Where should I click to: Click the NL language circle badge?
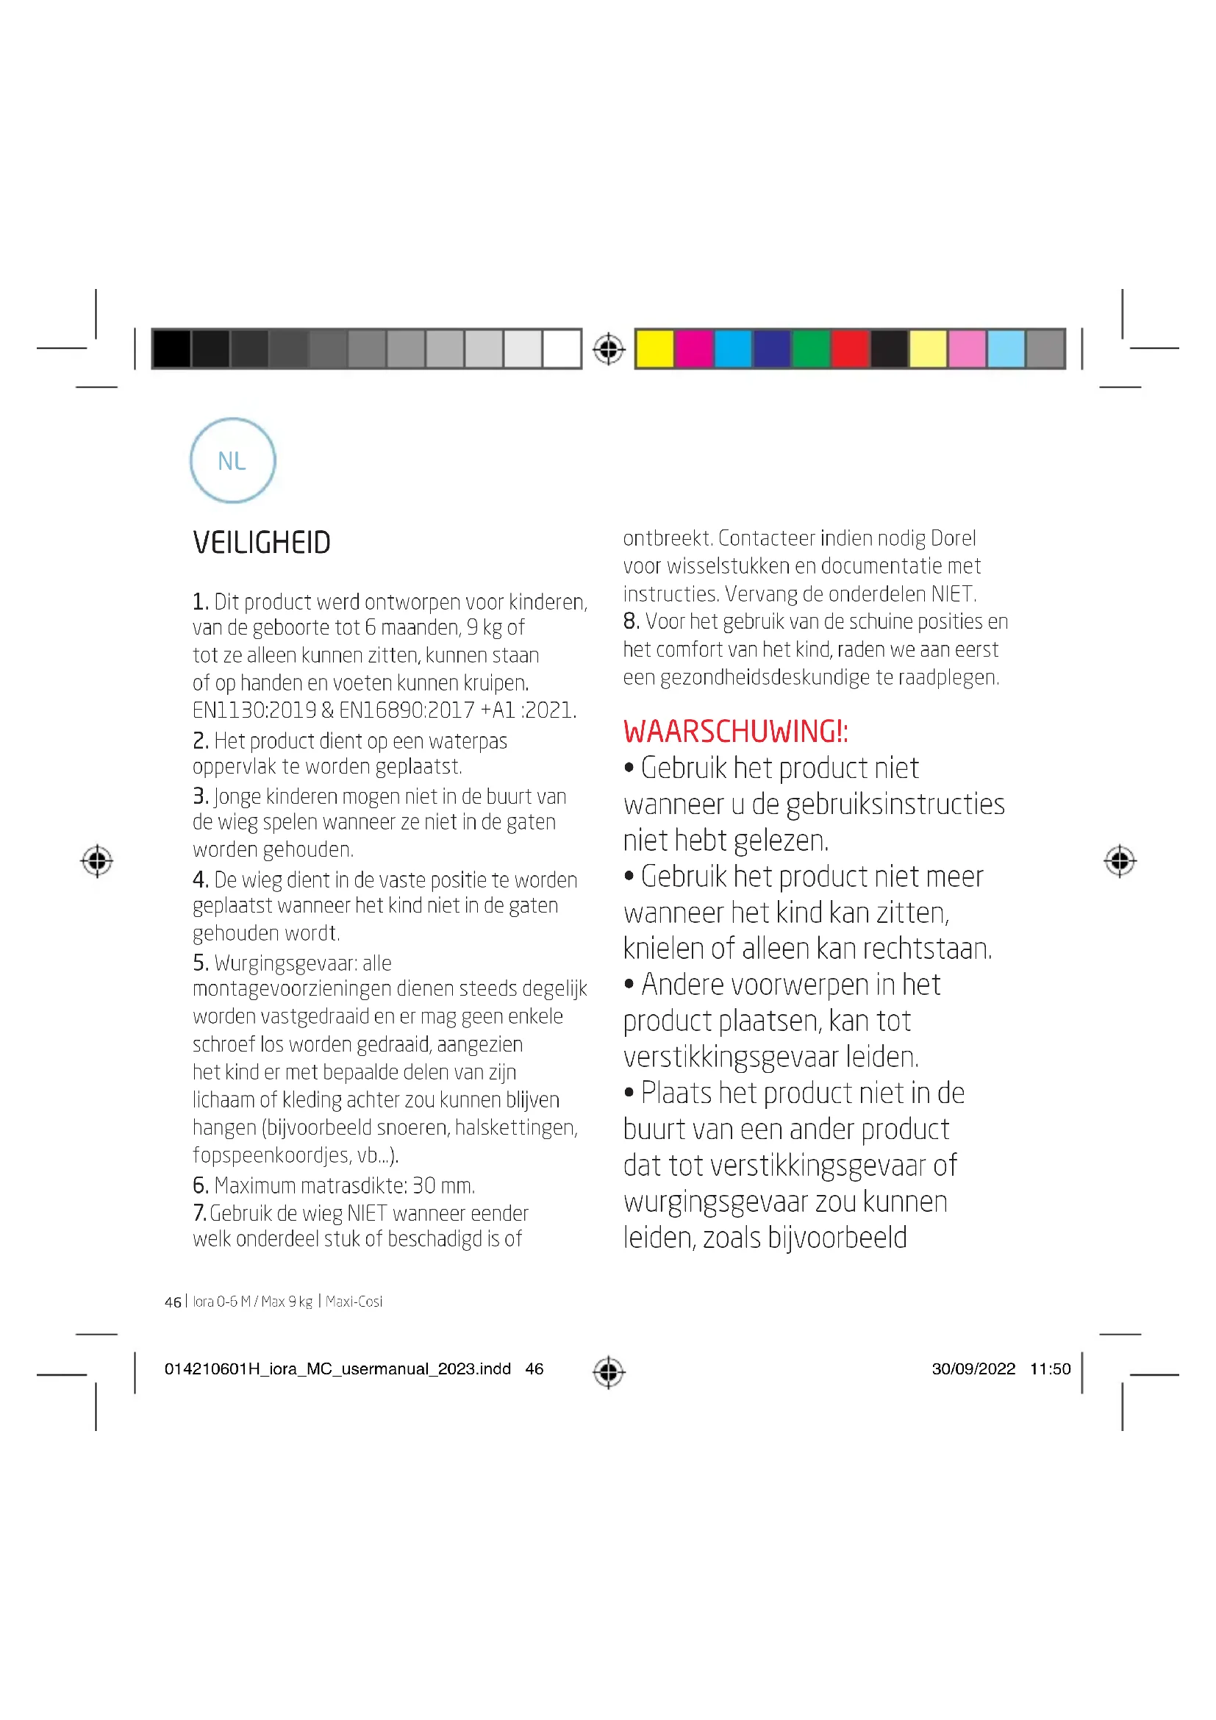click(x=232, y=461)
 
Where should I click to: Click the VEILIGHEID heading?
click(x=261, y=543)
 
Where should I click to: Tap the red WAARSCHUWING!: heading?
click(x=735, y=732)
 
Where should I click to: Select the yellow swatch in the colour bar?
click(x=654, y=349)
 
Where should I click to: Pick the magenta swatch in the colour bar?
click(x=693, y=349)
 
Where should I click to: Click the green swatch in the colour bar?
click(x=811, y=349)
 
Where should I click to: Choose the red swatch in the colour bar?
click(x=850, y=349)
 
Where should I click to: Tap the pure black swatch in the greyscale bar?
click(x=171, y=349)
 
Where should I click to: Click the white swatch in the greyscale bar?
click(x=562, y=349)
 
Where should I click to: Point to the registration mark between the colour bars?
click(x=609, y=349)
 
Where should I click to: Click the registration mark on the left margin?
click(x=97, y=861)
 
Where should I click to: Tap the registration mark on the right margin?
click(x=1120, y=861)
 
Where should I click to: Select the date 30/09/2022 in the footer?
click(x=973, y=1368)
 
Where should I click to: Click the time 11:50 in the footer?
click(x=1051, y=1368)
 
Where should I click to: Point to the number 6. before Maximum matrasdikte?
click(x=200, y=1185)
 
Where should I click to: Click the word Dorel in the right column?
click(x=954, y=538)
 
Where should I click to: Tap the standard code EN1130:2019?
click(x=254, y=710)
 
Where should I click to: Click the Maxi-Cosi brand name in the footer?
click(x=354, y=1302)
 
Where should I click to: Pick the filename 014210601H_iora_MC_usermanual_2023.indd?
click(x=337, y=1368)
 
